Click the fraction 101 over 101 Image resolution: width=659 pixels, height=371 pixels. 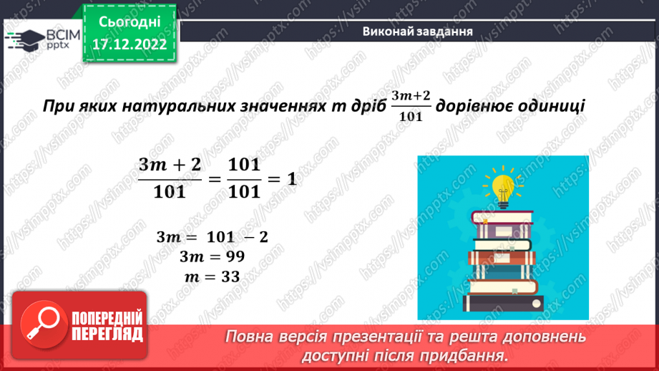point(243,178)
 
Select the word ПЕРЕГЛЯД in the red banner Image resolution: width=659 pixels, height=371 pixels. point(108,334)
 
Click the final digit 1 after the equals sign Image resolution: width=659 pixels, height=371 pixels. point(291,179)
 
